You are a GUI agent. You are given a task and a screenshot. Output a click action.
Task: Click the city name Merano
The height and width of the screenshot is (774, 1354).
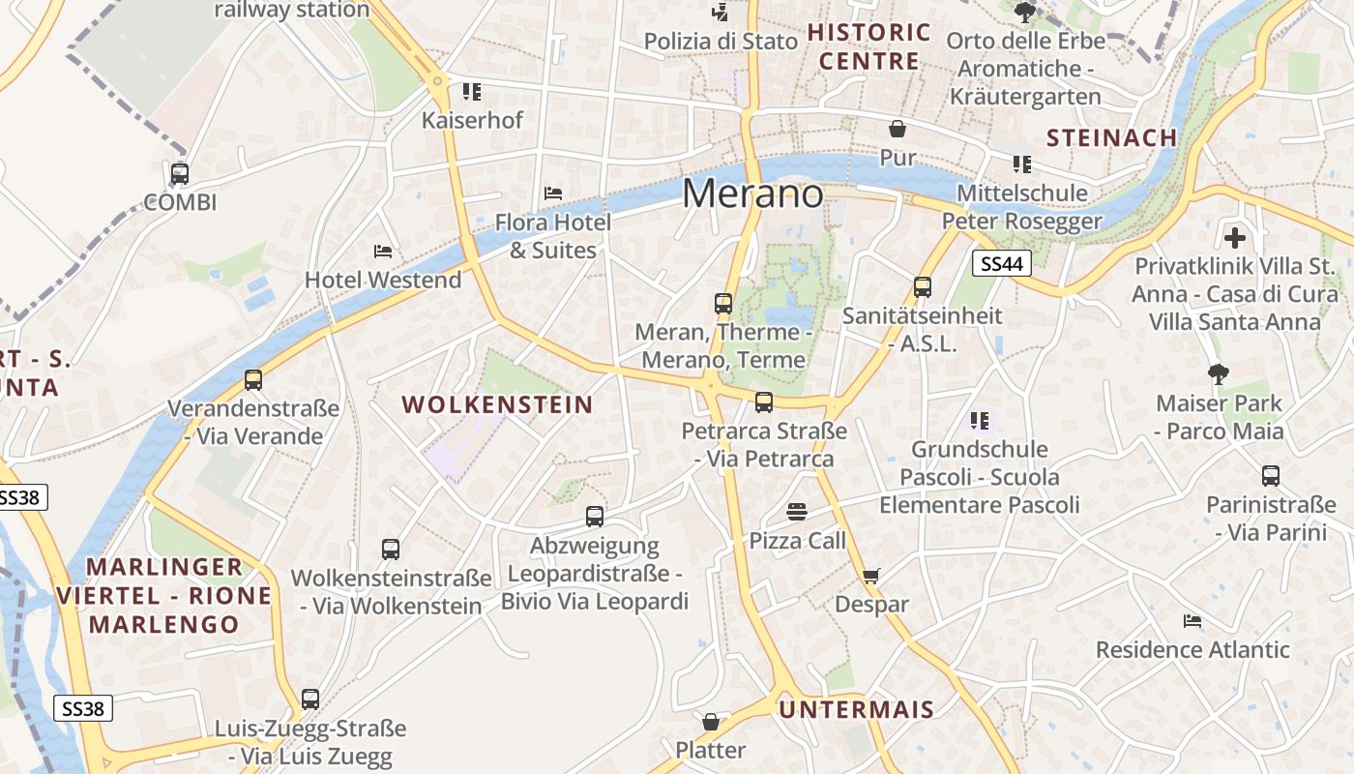752,193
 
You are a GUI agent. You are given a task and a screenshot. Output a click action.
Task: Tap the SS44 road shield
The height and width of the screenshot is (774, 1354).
1002,262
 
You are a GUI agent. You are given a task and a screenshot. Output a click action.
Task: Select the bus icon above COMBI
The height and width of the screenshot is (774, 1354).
179,174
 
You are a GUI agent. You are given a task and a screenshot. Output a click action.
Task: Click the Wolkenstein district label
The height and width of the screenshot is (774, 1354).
497,404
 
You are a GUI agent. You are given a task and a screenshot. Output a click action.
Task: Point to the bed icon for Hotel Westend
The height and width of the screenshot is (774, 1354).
383,252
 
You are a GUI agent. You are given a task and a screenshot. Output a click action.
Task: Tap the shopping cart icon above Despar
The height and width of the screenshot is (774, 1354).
870,577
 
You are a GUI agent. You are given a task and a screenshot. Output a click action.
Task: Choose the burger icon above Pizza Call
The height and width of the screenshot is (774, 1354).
797,511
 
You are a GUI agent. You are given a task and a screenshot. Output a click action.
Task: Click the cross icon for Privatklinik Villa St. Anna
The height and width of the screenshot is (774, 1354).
1234,237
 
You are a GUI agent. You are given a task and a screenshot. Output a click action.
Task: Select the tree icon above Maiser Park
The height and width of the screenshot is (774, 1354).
1218,374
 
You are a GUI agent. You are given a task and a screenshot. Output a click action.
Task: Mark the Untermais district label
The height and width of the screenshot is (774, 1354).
857,709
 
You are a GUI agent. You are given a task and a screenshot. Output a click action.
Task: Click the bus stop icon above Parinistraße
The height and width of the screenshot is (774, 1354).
1270,475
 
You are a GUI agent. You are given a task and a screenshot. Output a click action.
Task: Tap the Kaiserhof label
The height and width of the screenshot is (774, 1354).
472,120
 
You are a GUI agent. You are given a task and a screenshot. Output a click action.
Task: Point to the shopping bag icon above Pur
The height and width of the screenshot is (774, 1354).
898,129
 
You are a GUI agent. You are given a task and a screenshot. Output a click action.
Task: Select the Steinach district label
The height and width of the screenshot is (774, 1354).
1111,137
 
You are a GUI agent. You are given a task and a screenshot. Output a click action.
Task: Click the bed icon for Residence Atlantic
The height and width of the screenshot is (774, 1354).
1192,620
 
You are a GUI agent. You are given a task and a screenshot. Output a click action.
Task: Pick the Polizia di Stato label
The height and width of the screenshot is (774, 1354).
721,41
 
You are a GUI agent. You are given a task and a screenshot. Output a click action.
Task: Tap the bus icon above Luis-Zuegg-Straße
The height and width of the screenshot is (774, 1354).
309,699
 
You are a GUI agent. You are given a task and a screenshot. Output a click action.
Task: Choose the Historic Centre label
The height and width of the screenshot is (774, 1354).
868,46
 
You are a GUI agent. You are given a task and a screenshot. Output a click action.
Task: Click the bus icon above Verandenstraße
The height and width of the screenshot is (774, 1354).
253,379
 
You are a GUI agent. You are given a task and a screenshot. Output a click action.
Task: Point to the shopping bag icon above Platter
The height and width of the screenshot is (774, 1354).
711,722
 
